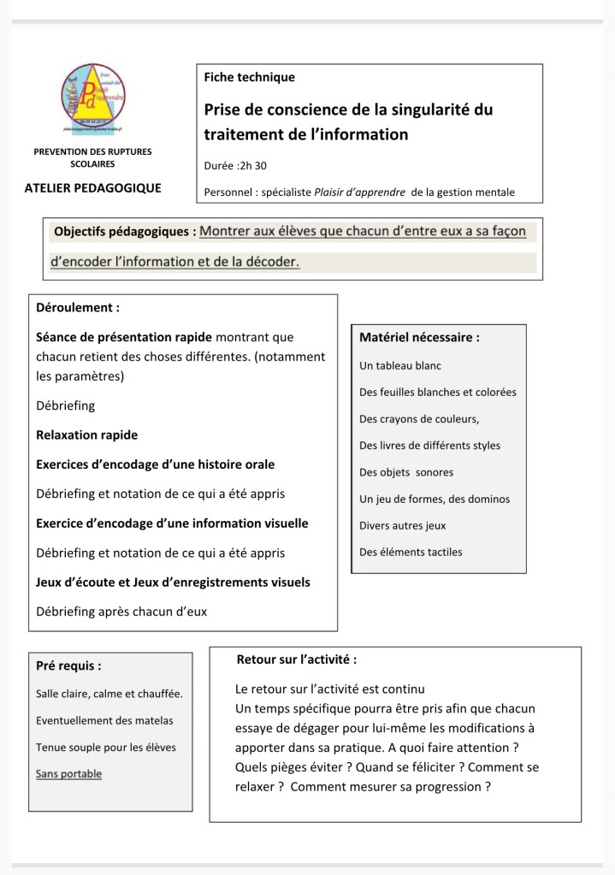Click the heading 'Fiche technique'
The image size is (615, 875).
(x=249, y=77)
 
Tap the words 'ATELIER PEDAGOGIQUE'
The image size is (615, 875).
(x=92, y=188)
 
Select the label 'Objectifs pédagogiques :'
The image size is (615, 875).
(x=125, y=232)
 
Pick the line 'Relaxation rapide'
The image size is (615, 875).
(x=86, y=435)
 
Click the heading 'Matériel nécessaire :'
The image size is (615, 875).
(x=419, y=338)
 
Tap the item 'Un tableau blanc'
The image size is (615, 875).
(x=400, y=365)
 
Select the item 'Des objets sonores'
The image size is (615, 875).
(x=406, y=472)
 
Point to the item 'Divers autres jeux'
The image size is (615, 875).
(x=402, y=526)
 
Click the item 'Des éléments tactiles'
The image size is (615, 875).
(x=411, y=552)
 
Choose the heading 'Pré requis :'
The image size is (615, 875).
(x=68, y=665)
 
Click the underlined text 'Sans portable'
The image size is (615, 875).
(x=68, y=774)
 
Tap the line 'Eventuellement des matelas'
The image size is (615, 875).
(x=104, y=720)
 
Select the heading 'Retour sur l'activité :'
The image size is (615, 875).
(x=296, y=659)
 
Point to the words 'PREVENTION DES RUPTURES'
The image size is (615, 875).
(x=92, y=151)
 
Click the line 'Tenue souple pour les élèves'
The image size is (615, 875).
(x=106, y=748)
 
